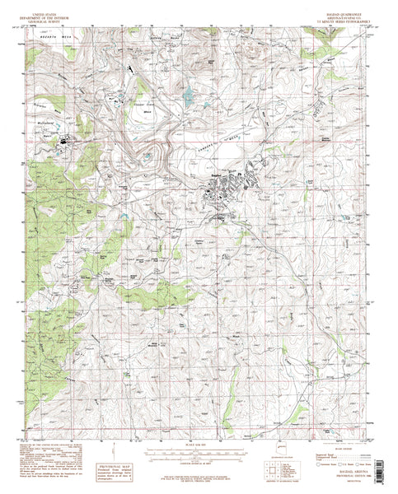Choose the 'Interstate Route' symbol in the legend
pos(313,467)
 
